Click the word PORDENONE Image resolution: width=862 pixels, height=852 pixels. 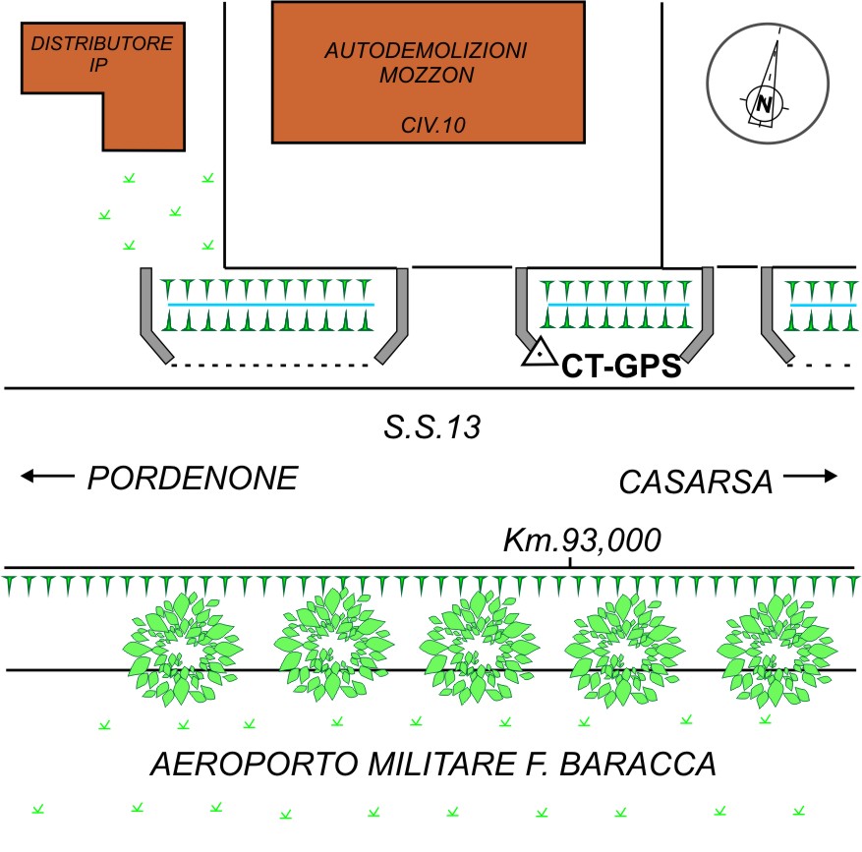[x=193, y=479]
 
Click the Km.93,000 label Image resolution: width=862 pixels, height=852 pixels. [x=581, y=540]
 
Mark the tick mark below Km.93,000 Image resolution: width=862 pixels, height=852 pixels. [x=571, y=562]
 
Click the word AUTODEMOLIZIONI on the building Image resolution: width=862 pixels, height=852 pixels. [x=428, y=50]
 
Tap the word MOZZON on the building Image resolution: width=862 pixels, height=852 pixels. [x=428, y=74]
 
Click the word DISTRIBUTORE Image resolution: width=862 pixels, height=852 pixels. [x=102, y=44]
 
